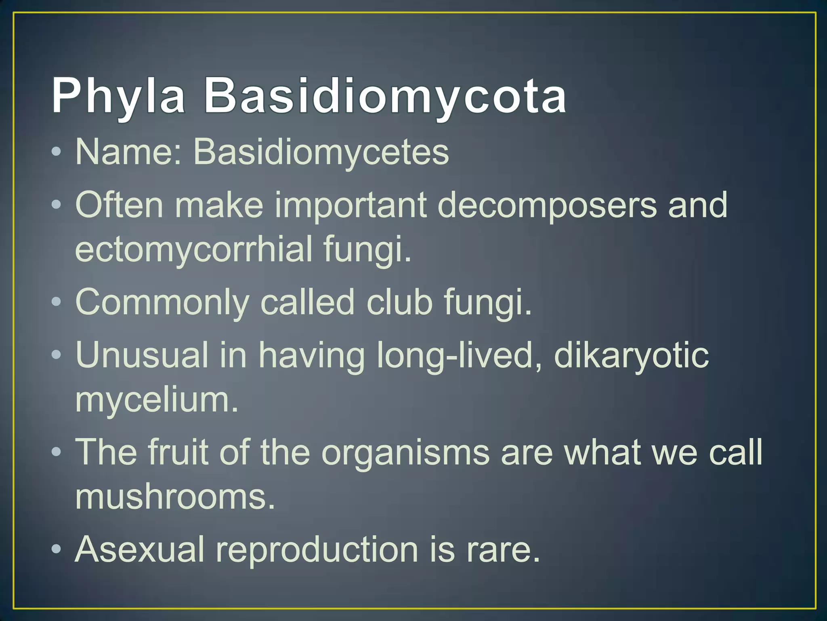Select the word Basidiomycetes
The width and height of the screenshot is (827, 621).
click(321, 152)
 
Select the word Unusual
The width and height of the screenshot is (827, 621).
click(141, 355)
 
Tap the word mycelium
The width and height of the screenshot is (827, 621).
click(157, 400)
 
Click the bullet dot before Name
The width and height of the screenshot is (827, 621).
click(57, 152)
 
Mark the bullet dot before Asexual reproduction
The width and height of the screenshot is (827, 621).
click(57, 549)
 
